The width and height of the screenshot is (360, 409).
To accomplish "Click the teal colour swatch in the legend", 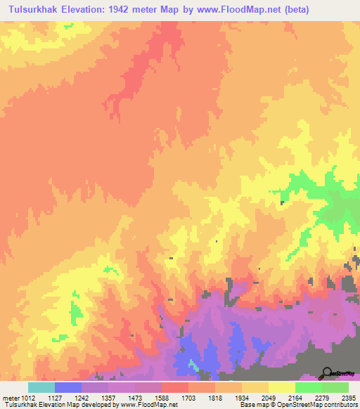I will [41, 387].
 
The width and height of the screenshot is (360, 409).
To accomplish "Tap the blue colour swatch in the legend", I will [68, 387].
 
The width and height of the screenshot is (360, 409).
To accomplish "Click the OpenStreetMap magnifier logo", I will [326, 373].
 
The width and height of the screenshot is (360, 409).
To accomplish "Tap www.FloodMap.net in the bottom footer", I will [149, 405].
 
